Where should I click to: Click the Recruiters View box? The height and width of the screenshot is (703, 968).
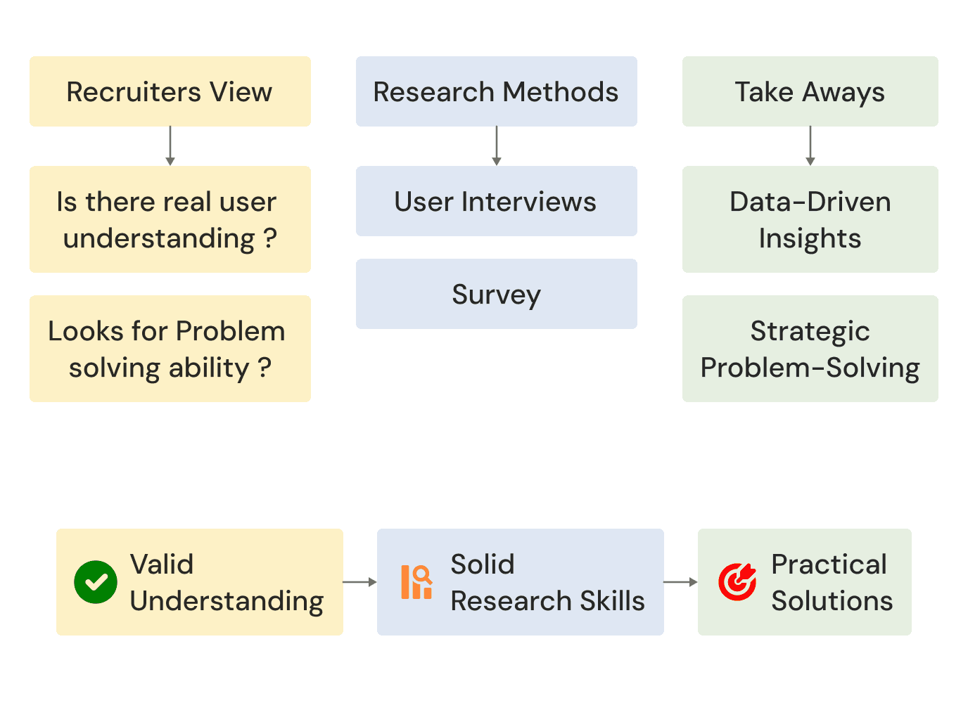coord(170,91)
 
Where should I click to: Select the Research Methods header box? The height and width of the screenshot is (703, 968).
coord(496,91)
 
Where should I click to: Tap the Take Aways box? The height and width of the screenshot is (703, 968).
coord(810,91)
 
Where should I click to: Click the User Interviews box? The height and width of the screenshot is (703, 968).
coord(496,201)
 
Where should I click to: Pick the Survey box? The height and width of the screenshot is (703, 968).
coord(496,294)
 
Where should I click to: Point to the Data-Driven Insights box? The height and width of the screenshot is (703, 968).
coord(810,219)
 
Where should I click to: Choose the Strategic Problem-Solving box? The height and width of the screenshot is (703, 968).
coord(810,349)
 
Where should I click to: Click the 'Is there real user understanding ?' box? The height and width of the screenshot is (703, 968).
coord(170,219)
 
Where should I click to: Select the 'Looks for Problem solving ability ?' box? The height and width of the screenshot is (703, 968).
coord(170,349)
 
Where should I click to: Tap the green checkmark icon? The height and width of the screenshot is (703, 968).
coord(96,582)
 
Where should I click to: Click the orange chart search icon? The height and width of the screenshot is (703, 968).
coord(416,582)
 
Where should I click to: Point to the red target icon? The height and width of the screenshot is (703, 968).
coord(737,582)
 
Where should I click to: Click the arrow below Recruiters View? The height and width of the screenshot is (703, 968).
coord(170,146)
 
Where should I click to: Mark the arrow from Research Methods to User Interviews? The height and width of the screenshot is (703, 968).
coord(497,146)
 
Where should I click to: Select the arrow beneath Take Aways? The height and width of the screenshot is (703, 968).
coord(810,146)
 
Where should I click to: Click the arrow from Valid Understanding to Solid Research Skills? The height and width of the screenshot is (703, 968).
coord(360,582)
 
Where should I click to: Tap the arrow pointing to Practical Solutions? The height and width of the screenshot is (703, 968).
coord(680,582)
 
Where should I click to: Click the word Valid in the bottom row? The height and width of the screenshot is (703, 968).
coord(162,564)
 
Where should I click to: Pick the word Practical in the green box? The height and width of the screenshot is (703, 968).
coord(829,564)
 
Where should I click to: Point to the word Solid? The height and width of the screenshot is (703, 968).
coord(483,564)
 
